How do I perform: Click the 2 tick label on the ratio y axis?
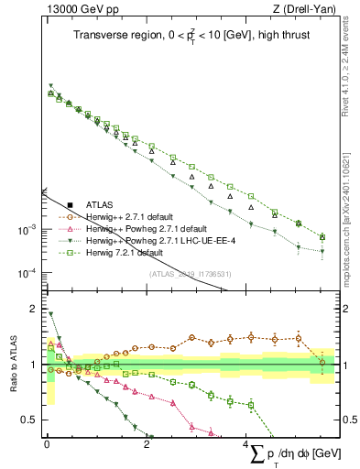click(x=36, y=309)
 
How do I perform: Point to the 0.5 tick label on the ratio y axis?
click(x=31, y=420)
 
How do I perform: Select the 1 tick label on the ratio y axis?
click(x=36, y=365)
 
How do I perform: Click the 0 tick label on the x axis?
click(x=47, y=444)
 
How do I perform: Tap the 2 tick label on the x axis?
click(x=147, y=444)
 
